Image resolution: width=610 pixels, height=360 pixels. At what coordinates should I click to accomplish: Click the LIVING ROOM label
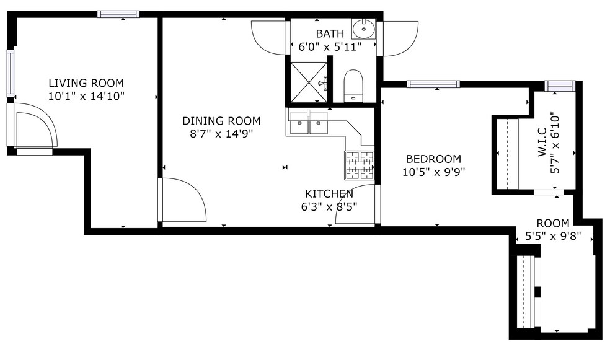(86, 83)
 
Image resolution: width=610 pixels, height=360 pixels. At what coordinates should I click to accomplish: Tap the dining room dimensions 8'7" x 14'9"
(221, 133)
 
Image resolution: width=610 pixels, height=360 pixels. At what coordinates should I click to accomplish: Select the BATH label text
(329, 33)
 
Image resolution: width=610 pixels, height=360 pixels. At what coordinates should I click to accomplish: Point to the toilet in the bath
(353, 86)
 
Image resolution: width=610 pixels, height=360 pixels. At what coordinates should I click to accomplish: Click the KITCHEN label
(329, 194)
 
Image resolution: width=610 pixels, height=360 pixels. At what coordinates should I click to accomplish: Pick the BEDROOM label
(434, 159)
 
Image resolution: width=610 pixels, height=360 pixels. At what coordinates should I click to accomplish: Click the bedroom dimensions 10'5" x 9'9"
(434, 172)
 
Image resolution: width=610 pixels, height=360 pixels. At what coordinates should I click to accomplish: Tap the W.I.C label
(541, 142)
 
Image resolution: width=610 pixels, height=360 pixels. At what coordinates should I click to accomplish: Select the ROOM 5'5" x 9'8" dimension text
(552, 235)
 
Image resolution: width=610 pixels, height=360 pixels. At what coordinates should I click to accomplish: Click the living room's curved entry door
(35, 126)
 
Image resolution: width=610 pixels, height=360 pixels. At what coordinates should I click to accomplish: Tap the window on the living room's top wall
(118, 14)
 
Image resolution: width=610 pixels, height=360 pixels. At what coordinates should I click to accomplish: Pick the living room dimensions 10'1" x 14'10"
(86, 96)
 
